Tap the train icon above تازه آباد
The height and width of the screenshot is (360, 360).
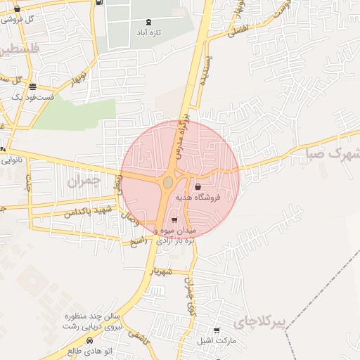tap(148, 22)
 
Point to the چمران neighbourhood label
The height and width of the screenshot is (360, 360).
tap(84, 181)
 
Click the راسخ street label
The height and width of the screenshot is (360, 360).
tap(138, 240)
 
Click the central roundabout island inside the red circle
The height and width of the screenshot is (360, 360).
tap(168, 184)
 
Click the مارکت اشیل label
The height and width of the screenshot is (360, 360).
tap(214, 340)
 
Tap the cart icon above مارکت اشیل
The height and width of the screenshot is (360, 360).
tap(217, 330)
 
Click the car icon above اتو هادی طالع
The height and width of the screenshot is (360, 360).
tap(89, 340)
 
